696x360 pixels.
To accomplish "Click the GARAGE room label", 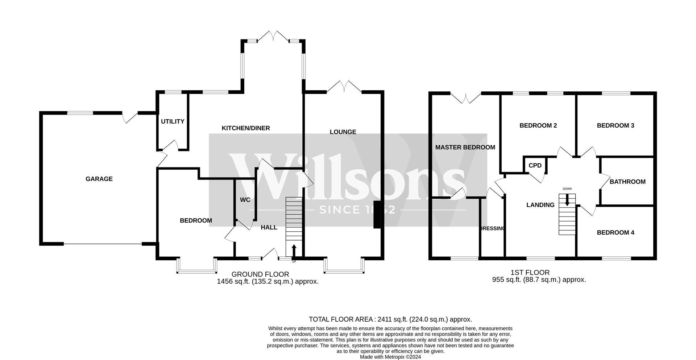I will [99, 179].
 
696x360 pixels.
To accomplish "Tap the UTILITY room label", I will [173, 121].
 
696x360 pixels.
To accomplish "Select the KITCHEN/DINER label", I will [246, 128].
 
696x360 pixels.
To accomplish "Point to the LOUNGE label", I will [343, 132].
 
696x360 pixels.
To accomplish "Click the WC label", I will [245, 200].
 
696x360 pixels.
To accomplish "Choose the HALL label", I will [269, 227].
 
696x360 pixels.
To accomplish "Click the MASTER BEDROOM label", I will [465, 147].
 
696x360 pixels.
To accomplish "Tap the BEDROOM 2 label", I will [538, 125].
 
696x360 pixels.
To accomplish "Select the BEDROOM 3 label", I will [615, 125].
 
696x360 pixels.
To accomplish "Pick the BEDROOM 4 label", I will [615, 232].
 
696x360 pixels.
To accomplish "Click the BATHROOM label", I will [627, 182].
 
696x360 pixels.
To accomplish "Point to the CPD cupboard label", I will [535, 165].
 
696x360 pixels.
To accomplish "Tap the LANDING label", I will [540, 205].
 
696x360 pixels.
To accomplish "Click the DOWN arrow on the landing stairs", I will [567, 200].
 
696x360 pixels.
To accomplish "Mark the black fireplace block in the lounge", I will [377, 215].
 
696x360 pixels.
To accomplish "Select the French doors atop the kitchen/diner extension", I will [274, 36].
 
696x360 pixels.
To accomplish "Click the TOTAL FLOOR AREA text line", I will [390, 319].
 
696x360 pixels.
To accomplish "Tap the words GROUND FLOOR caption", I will [260, 274].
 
